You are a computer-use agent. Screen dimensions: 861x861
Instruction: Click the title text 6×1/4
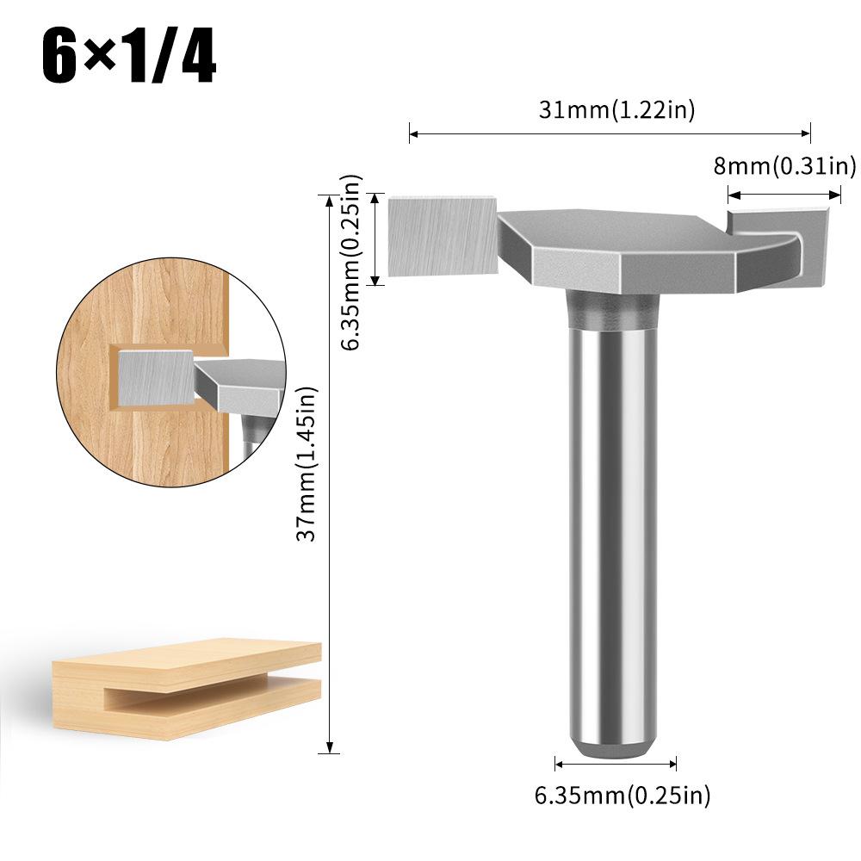(129, 59)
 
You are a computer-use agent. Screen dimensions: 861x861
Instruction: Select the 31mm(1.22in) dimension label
(616, 109)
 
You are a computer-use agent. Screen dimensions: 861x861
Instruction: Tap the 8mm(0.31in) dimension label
(784, 165)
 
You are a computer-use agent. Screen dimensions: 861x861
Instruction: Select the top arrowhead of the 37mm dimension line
(328, 199)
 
